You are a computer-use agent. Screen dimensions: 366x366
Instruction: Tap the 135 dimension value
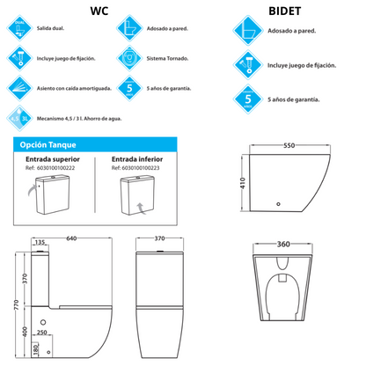click(40, 243)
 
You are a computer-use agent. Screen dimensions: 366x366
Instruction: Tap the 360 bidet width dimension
click(281, 244)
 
